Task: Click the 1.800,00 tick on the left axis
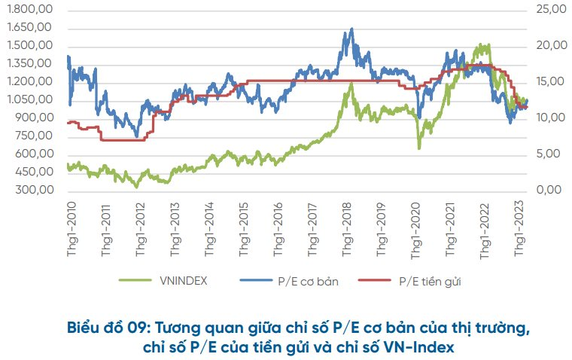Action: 29,9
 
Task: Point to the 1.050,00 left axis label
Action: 29,99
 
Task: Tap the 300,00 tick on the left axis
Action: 35,190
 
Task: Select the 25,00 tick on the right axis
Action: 551,9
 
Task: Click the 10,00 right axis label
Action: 551,117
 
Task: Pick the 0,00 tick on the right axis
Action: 549,190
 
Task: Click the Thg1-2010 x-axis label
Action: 71,228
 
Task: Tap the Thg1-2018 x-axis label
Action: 347,228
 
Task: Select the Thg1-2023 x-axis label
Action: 519,228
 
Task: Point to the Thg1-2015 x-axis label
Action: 244,228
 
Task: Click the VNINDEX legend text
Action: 183,281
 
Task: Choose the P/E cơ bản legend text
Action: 308,281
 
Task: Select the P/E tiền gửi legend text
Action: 430,282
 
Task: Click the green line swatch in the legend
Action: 135,280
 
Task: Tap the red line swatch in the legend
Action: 375,280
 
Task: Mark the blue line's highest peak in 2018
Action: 351,29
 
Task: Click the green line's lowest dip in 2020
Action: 419,148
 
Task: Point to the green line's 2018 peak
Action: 351,84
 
